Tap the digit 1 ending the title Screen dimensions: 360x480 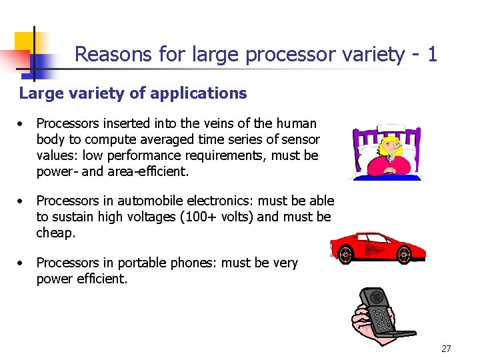coord(433,53)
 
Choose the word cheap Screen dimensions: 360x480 coord(56,233)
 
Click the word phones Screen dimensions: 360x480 coord(197,263)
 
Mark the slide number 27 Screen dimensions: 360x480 coord(446,349)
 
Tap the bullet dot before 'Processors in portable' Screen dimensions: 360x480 coord(23,263)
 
